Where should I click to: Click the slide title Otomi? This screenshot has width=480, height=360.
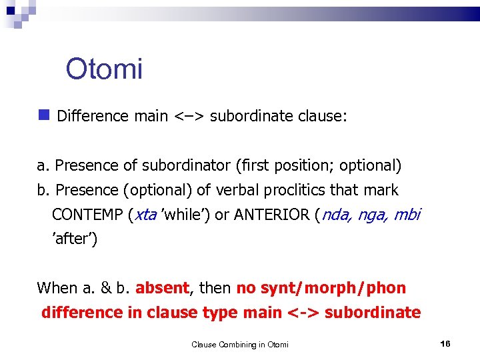[x=104, y=68]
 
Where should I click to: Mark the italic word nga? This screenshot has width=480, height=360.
[x=374, y=215]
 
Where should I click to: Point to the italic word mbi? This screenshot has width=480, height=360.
[x=408, y=215]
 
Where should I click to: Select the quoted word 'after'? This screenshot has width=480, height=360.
[x=75, y=239]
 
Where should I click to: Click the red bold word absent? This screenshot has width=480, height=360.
[x=163, y=288]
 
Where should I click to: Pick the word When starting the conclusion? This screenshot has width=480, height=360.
[x=57, y=288]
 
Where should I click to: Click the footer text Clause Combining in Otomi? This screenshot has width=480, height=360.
[x=240, y=344]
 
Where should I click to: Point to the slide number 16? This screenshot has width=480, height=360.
[x=445, y=343]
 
